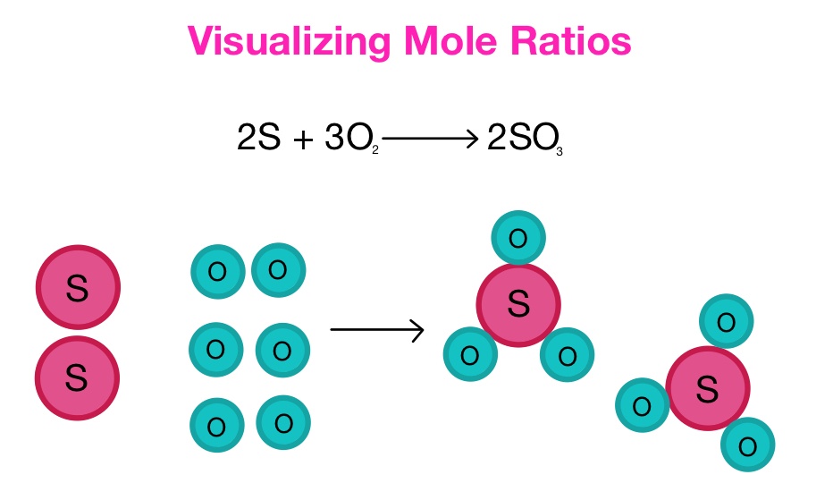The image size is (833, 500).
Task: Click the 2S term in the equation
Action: click(x=258, y=140)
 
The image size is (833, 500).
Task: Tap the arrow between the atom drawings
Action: click(x=376, y=330)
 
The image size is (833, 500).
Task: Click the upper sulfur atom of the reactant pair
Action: click(x=78, y=288)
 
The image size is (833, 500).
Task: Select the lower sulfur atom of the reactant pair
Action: click(x=77, y=377)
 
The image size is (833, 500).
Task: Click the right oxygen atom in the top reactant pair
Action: click(x=278, y=269)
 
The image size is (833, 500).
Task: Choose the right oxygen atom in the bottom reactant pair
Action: click(x=283, y=422)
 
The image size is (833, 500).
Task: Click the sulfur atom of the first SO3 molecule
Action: click(x=518, y=305)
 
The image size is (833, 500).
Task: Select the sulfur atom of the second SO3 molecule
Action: click(x=707, y=388)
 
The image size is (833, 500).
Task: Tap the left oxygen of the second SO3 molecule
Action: click(x=642, y=405)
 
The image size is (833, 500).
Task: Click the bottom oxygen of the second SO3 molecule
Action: click(x=747, y=445)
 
